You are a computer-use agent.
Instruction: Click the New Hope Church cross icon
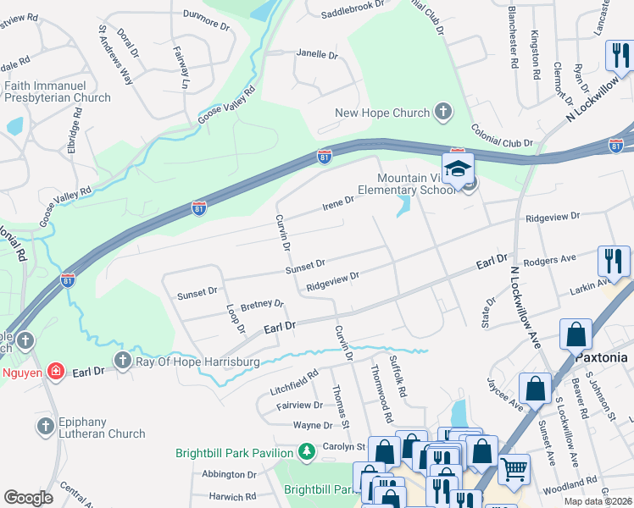tap(442, 112)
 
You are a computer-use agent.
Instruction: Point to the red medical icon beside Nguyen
tap(55, 370)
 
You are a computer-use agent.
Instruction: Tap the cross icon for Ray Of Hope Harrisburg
tap(125, 362)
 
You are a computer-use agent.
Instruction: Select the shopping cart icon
tap(514, 468)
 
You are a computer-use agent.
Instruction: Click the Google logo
tap(29, 497)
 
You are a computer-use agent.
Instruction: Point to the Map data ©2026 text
tap(597, 501)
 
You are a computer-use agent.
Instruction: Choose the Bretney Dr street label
tap(262, 304)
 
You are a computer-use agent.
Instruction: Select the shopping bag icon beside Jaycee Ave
tap(537, 389)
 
